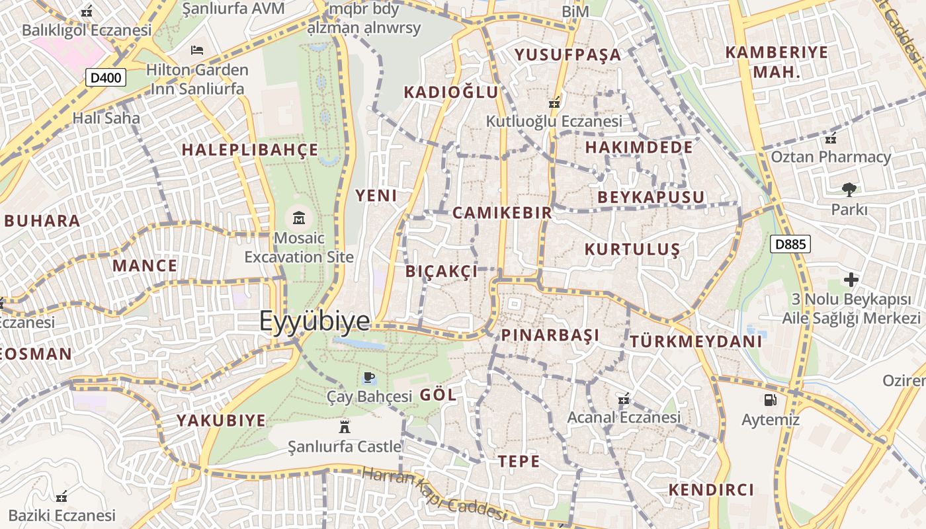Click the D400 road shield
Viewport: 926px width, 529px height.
106,78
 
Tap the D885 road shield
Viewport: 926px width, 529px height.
790,244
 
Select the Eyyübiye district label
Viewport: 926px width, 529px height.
314,321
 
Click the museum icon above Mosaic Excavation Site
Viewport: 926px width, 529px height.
299,217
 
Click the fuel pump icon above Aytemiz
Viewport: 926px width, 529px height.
770,399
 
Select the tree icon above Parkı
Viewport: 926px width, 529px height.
849,190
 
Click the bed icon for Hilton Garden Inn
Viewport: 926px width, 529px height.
196,50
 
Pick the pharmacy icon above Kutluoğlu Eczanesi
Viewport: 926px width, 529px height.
554,102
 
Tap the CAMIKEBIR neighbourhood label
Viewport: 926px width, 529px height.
502,212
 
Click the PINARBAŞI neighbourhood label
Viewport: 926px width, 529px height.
550,335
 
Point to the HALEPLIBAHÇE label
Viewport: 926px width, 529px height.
250,149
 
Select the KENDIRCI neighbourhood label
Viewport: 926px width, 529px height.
711,490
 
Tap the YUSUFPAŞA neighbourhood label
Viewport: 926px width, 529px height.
568,54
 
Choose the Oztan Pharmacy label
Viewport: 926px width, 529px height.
831,157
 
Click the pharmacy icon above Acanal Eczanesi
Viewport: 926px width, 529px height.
622,399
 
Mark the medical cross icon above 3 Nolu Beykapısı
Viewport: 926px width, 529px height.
851,280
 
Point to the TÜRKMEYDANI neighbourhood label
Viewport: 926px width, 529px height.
696,342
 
